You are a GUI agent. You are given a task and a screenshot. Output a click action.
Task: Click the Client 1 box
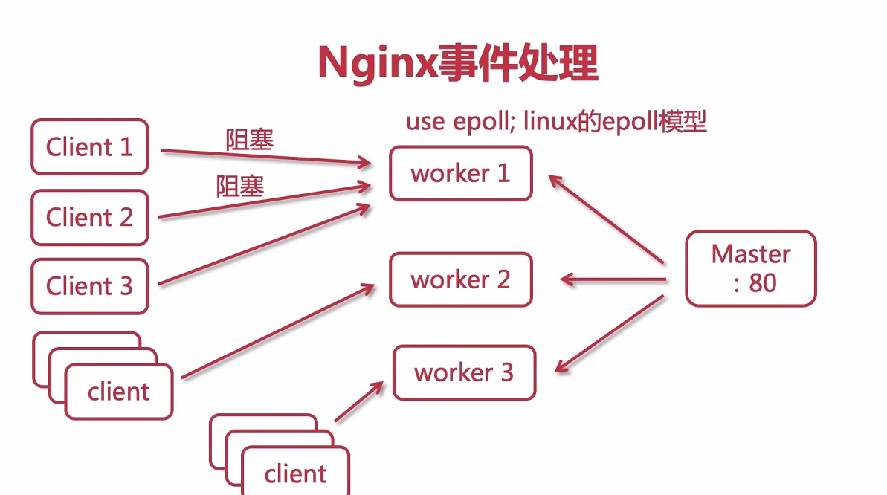(89, 147)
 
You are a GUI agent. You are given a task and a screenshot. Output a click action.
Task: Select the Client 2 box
(89, 217)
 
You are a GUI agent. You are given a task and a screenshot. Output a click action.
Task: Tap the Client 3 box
(89, 286)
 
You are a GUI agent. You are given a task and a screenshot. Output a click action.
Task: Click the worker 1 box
(460, 174)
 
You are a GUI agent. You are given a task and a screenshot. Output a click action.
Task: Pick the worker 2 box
(460, 279)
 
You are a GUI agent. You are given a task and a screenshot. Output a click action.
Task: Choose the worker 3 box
(464, 372)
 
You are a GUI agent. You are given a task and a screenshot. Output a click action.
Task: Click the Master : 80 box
(750, 268)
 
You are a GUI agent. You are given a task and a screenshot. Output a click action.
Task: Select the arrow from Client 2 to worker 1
(264, 201)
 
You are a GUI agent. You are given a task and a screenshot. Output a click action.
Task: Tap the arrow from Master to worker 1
(606, 219)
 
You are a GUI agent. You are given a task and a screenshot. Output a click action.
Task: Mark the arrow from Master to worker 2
(613, 279)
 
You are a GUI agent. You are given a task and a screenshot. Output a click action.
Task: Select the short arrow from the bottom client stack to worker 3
(359, 402)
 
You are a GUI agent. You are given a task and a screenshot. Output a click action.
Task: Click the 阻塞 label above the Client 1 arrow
(249, 139)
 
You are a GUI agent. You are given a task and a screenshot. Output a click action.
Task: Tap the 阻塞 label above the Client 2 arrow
(239, 185)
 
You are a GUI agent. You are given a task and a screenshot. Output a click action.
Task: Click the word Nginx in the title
(375, 64)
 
